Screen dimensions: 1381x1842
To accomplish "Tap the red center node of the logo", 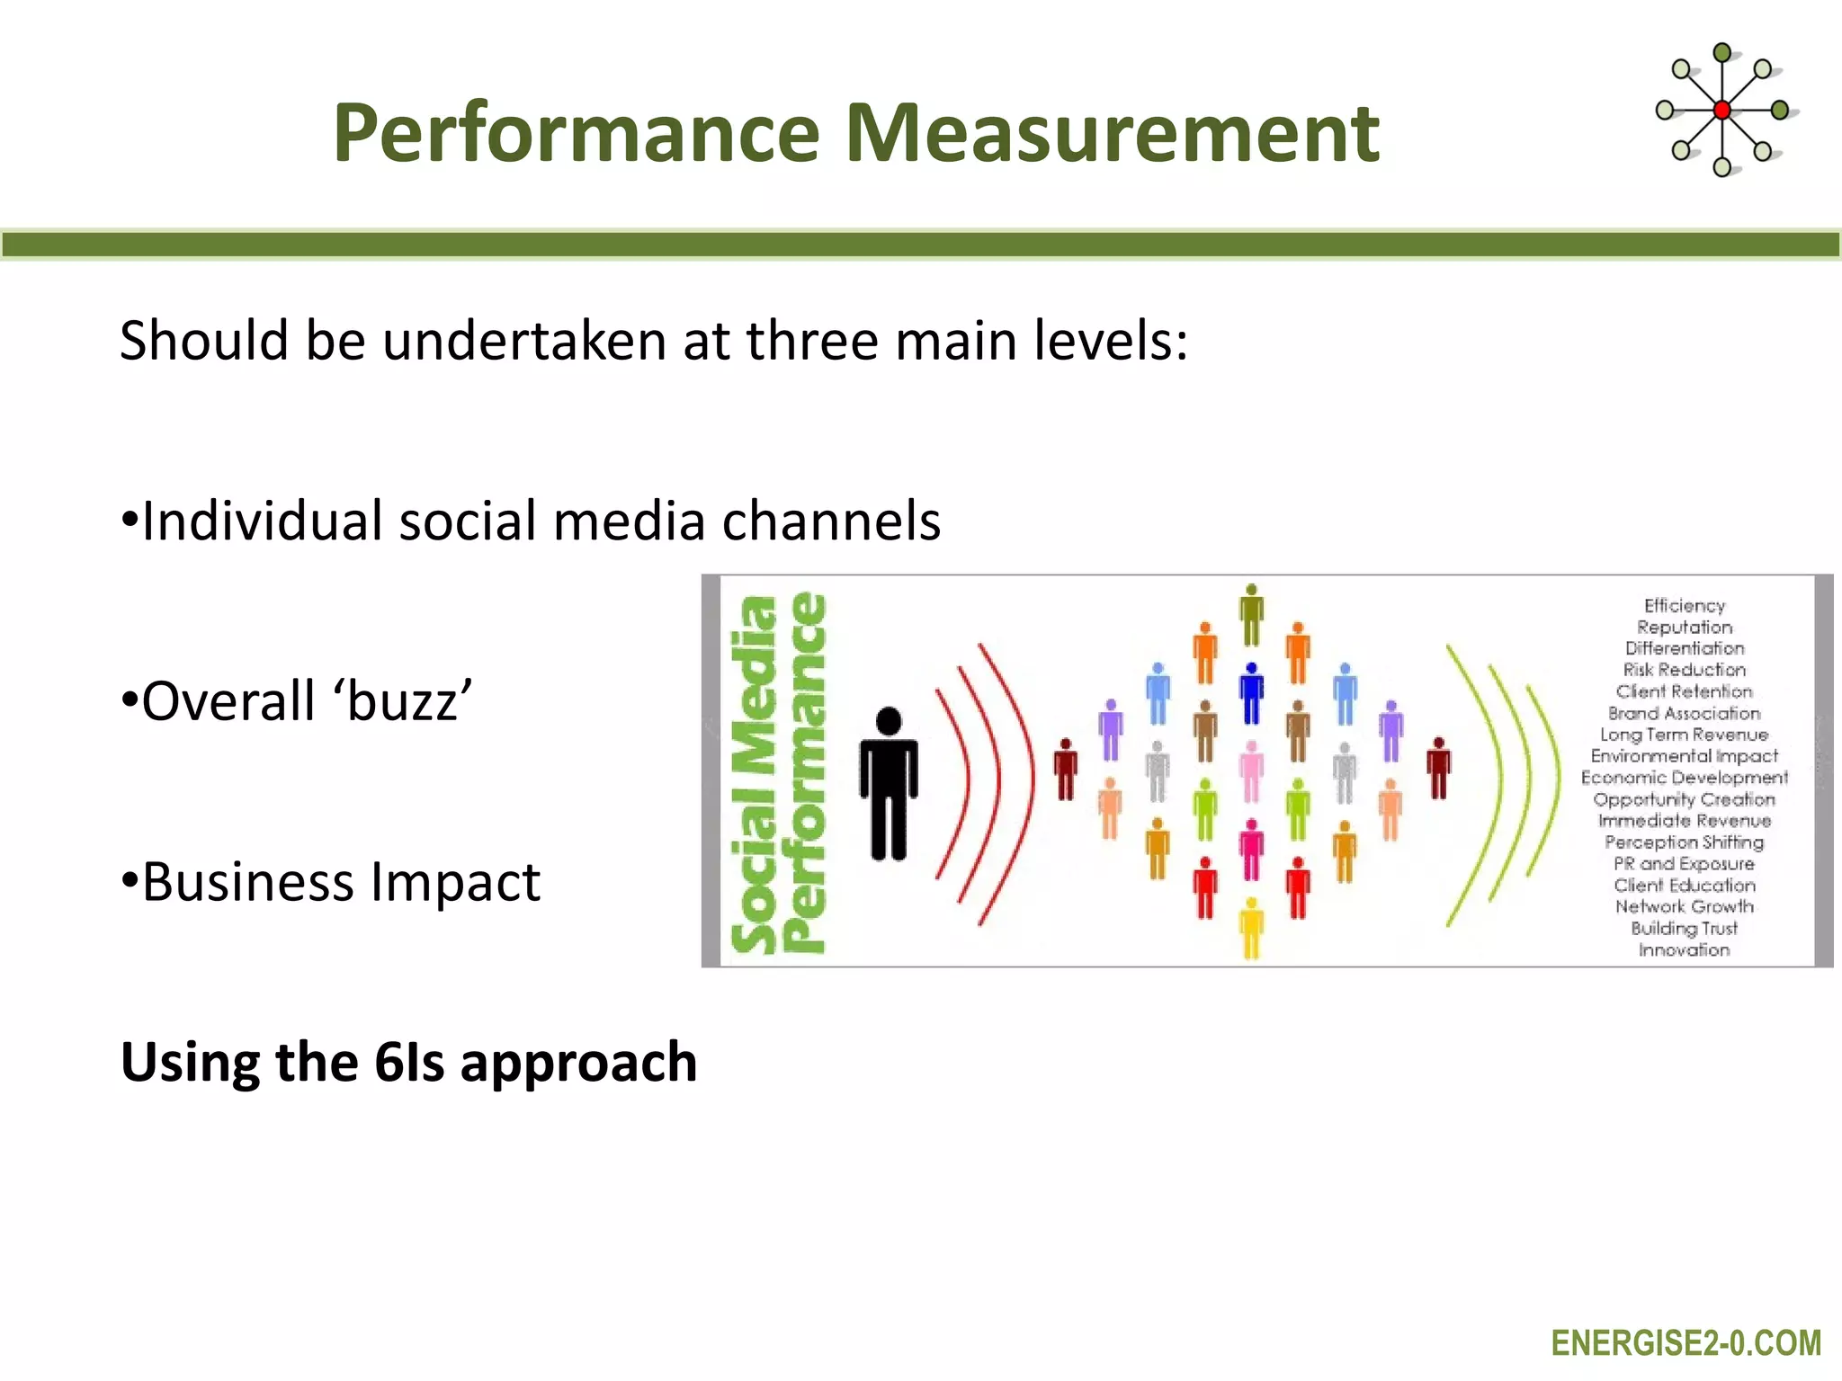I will click(1721, 111).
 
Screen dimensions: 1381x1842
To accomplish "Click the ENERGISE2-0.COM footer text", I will click(1686, 1343).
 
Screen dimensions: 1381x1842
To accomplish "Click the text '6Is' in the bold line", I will click(409, 1062).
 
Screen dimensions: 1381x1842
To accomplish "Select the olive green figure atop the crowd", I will click(1251, 615).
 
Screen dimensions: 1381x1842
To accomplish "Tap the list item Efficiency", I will click(1684, 606).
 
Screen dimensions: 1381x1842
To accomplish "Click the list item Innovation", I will click(1684, 950).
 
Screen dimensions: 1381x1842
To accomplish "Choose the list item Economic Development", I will click(1684, 778).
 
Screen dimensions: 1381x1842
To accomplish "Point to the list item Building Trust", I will click(1684, 929).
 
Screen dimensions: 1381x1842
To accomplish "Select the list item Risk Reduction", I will click(1684, 670).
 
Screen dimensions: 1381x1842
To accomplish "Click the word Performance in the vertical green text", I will click(803, 773).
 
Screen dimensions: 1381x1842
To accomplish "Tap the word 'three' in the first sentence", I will click(815, 341).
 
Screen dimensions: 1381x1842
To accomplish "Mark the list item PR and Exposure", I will click(1684, 864).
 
